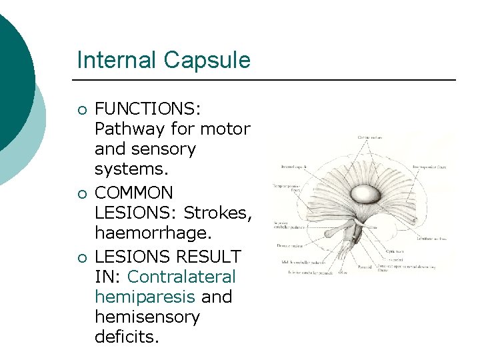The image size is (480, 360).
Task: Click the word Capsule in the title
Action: coord(209,61)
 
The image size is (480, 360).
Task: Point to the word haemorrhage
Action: coord(152,234)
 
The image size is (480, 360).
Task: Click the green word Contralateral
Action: coord(181,276)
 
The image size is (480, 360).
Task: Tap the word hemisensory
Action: coord(147,317)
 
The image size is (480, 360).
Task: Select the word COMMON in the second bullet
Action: coord(134,193)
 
